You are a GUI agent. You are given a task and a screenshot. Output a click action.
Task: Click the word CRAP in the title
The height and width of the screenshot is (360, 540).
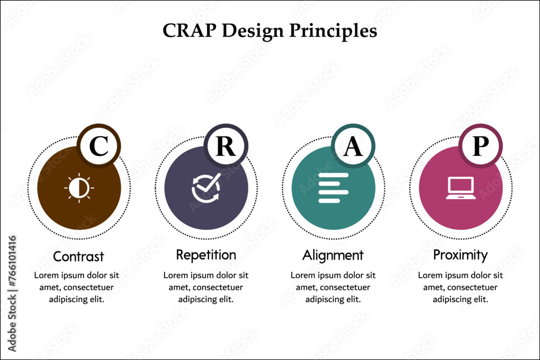186,31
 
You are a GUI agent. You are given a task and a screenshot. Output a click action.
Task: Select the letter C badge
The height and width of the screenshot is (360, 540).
98,146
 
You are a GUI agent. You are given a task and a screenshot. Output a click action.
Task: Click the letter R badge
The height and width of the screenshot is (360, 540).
226,146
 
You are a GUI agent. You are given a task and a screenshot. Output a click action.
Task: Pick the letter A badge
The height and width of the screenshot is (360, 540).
353,146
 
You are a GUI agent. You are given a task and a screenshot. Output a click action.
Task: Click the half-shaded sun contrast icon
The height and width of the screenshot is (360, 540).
79,188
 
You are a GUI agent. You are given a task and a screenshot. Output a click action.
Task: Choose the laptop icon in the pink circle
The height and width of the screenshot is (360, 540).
461,188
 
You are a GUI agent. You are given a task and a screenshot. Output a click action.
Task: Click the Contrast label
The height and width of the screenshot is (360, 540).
78,256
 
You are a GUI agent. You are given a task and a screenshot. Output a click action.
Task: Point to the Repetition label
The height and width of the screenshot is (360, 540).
206,254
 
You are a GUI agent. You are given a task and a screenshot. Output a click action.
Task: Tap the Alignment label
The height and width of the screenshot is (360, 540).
333,255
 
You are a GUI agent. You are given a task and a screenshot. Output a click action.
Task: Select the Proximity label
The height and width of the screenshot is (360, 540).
461,254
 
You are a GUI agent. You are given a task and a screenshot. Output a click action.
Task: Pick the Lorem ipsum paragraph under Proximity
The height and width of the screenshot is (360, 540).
461,287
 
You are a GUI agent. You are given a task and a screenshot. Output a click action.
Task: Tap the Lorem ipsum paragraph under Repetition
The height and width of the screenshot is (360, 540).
206,287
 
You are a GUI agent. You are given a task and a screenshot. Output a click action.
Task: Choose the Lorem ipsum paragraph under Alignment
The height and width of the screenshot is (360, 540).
333,287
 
